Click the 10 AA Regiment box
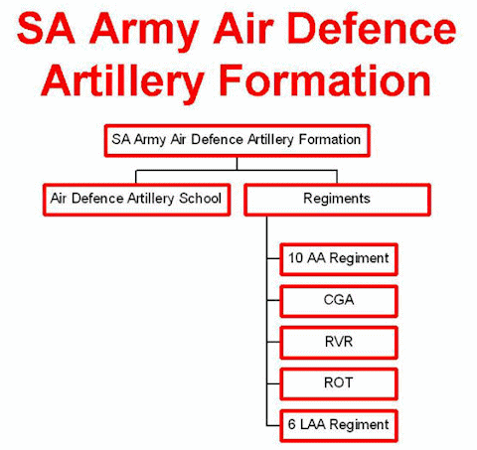tap(339, 259)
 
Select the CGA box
tap(339, 301)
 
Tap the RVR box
tap(339, 343)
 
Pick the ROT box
tap(339, 384)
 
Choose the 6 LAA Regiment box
tap(339, 426)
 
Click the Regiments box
tap(337, 200)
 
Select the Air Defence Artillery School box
tap(136, 200)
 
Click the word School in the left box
tap(200, 199)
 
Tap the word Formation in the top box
tap(330, 139)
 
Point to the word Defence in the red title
tap(373, 28)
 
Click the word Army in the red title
tap(144, 32)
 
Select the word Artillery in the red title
tap(122, 82)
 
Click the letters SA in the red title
tap(46, 28)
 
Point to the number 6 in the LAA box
tap(291, 424)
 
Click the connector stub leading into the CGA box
tap(273, 300)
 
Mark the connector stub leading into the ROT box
tap(273, 383)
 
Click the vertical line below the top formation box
tap(237, 164)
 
